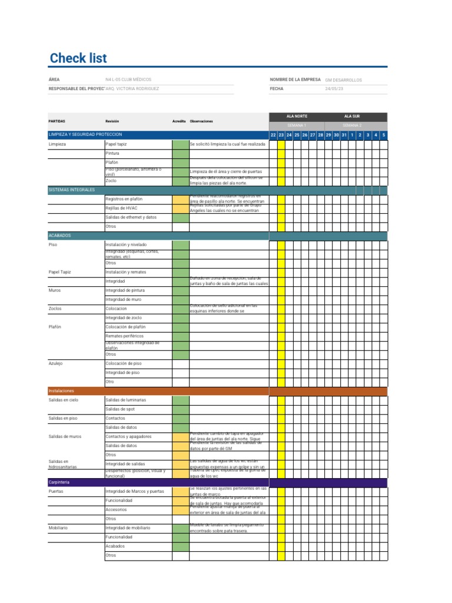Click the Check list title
point(78,58)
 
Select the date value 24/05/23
point(334,89)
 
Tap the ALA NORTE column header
point(297,117)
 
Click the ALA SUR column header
point(353,117)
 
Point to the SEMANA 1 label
point(297,125)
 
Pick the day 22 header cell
point(273,135)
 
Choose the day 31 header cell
point(344,135)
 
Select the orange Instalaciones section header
point(61,390)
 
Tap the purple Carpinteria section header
point(59,482)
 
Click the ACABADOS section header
point(59,235)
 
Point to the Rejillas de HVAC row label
point(122,208)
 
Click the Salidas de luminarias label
point(126,400)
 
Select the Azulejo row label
point(56,363)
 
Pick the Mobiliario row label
point(58,528)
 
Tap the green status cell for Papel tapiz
point(180,144)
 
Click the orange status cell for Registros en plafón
point(180,199)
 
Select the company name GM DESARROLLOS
point(344,79)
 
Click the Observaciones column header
point(201,121)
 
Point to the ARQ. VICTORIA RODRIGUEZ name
point(132,89)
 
